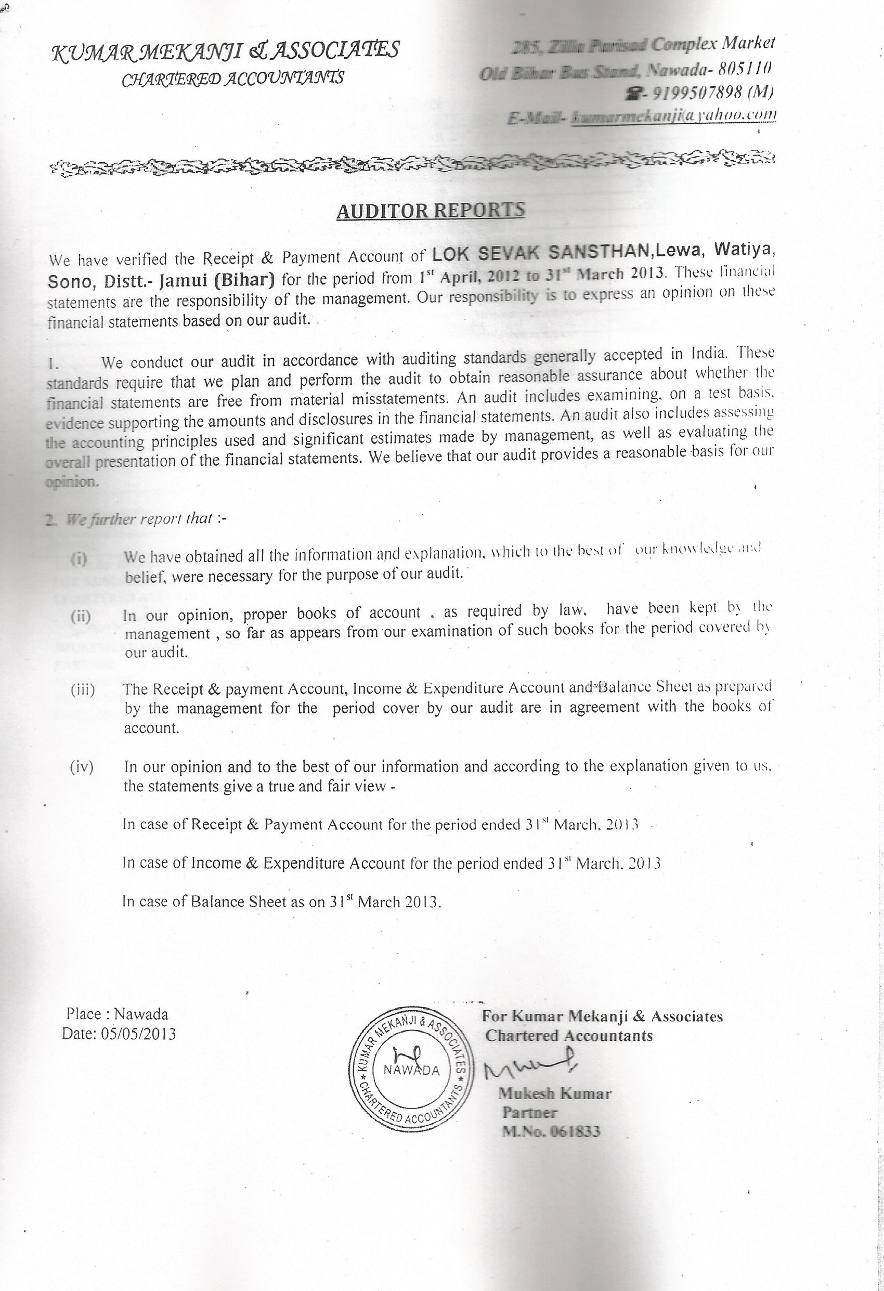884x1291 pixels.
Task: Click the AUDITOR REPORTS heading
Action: click(x=430, y=211)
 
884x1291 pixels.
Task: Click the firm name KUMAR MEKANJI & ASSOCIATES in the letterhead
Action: click(x=225, y=50)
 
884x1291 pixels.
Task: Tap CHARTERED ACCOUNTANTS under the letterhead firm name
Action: click(x=232, y=79)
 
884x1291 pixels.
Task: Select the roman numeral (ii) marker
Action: click(x=81, y=617)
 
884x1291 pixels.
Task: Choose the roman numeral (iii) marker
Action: click(x=82, y=690)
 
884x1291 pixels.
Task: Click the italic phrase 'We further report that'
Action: click(x=139, y=519)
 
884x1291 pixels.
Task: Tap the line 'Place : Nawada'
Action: click(x=116, y=1014)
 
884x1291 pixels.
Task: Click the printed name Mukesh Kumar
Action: click(x=554, y=1093)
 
